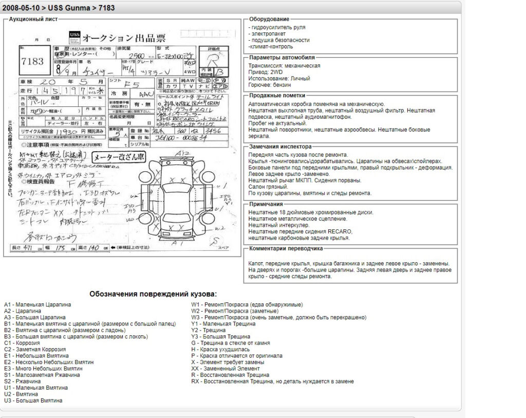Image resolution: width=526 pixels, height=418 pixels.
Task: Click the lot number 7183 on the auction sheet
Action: click(x=32, y=61)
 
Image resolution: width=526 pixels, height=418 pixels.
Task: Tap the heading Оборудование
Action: click(x=269, y=19)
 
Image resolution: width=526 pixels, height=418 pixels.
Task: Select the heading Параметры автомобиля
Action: click(x=282, y=58)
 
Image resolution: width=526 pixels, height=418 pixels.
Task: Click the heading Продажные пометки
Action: click(x=277, y=95)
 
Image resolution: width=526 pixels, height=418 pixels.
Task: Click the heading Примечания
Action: click(x=266, y=204)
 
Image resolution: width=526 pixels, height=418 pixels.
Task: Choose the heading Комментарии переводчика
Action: click(x=286, y=248)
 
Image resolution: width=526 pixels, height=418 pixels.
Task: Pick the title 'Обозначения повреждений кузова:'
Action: click(x=153, y=294)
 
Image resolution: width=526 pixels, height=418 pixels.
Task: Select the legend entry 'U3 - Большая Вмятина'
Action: click(x=33, y=401)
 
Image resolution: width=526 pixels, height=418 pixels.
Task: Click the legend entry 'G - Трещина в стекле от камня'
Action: click(x=231, y=343)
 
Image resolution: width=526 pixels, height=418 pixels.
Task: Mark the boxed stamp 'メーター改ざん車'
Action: click(x=118, y=157)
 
